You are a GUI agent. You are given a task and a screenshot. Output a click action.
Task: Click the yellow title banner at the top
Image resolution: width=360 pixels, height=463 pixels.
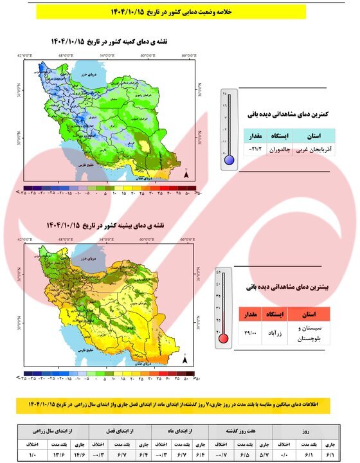pos(180,12)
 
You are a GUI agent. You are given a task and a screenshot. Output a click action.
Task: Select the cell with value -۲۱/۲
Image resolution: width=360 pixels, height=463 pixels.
pos(255,149)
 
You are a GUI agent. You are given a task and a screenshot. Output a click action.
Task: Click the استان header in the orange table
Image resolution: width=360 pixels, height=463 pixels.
pos(310,314)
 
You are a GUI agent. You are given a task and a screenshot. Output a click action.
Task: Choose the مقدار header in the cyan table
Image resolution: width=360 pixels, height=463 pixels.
pos(255,136)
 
